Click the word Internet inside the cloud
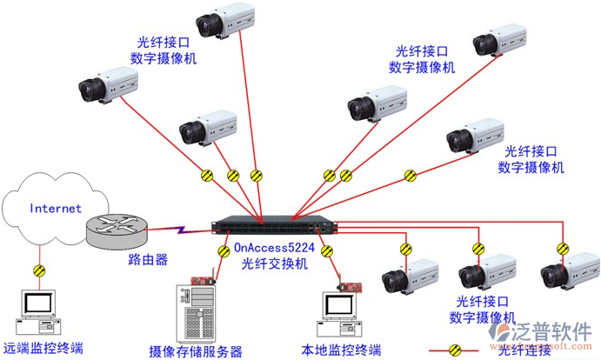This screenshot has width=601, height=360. [x=56, y=209]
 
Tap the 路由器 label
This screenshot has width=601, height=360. [x=124, y=259]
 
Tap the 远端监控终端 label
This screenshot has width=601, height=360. [x=43, y=349]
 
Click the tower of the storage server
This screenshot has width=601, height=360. [x=195, y=314]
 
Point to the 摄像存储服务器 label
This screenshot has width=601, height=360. [x=196, y=351]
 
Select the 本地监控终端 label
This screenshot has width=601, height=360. [x=341, y=350]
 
